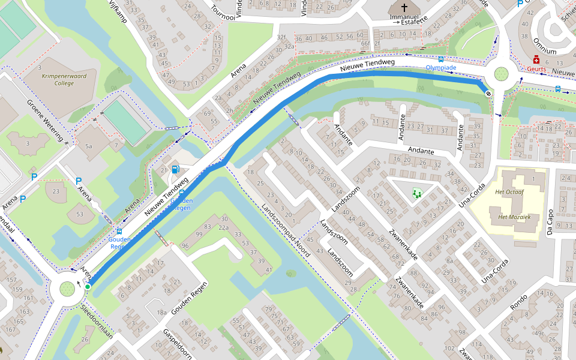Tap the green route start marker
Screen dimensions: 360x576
click(x=88, y=287)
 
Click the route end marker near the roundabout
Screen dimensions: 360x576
click(x=489, y=93)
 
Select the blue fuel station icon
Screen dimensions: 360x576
click(x=175, y=169)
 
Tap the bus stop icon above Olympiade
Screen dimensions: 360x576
click(x=441, y=59)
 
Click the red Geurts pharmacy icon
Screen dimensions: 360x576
click(x=536, y=59)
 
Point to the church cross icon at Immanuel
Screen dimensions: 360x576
click(x=403, y=7)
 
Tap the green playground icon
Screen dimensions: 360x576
click(x=416, y=193)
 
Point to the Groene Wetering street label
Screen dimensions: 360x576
click(x=45, y=120)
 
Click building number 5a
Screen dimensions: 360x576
click(x=89, y=146)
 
